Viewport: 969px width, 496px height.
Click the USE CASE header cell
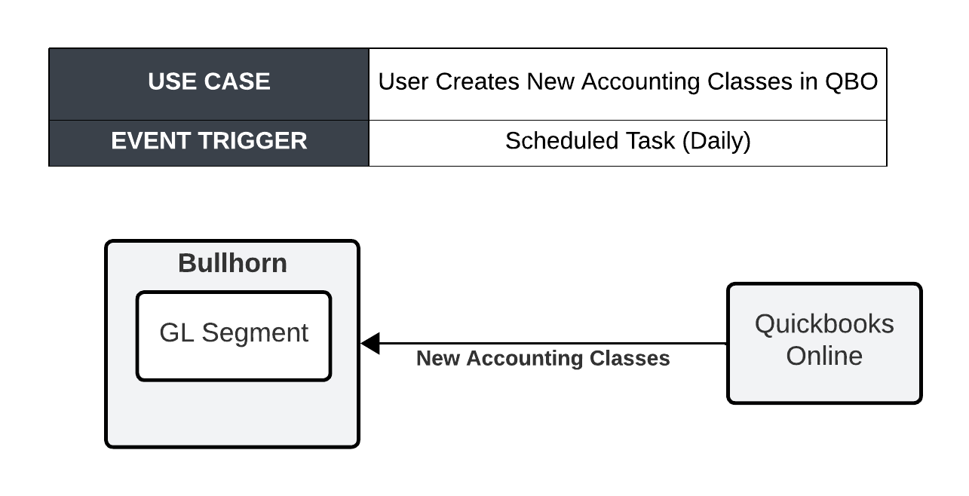[209, 84]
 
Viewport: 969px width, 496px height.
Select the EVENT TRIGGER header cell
[209, 143]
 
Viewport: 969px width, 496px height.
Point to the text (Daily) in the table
[716, 142]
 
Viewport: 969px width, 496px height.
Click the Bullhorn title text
[232, 263]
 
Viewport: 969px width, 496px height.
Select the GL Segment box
[234, 336]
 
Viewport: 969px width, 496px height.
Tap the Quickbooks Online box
[824, 343]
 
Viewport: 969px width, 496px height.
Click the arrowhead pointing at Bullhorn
[370, 343]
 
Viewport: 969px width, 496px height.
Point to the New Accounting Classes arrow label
[543, 359]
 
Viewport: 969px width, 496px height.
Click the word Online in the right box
[824, 356]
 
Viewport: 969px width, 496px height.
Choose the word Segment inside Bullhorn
[255, 333]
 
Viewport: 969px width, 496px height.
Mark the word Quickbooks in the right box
[824, 324]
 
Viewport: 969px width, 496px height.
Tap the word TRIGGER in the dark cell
[253, 141]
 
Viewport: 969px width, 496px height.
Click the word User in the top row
[403, 81]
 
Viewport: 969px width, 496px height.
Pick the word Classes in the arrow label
[630, 359]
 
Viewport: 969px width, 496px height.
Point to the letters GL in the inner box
[176, 333]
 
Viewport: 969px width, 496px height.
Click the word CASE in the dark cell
[237, 81]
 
